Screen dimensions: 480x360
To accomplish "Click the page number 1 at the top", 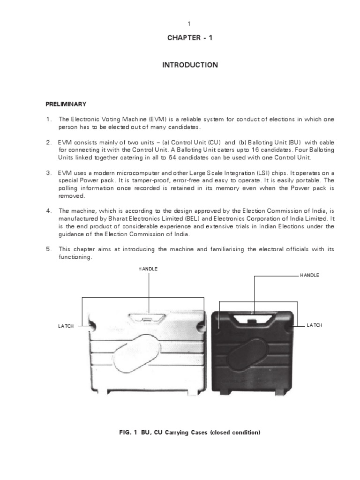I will click(189, 23).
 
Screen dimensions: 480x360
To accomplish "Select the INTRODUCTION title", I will click(190, 65).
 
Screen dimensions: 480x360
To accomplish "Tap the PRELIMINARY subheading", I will click(66, 104).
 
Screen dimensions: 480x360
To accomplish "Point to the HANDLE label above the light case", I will click(148, 269).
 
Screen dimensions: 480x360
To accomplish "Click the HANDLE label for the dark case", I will click(309, 275).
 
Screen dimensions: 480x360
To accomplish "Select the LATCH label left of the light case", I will click(66, 326).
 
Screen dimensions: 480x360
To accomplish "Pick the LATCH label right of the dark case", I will click(315, 325).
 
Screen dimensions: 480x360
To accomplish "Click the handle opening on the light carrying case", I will click(148, 319).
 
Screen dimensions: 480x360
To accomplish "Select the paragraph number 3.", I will click(48, 173).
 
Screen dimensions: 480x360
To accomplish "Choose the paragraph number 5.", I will click(48, 249).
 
